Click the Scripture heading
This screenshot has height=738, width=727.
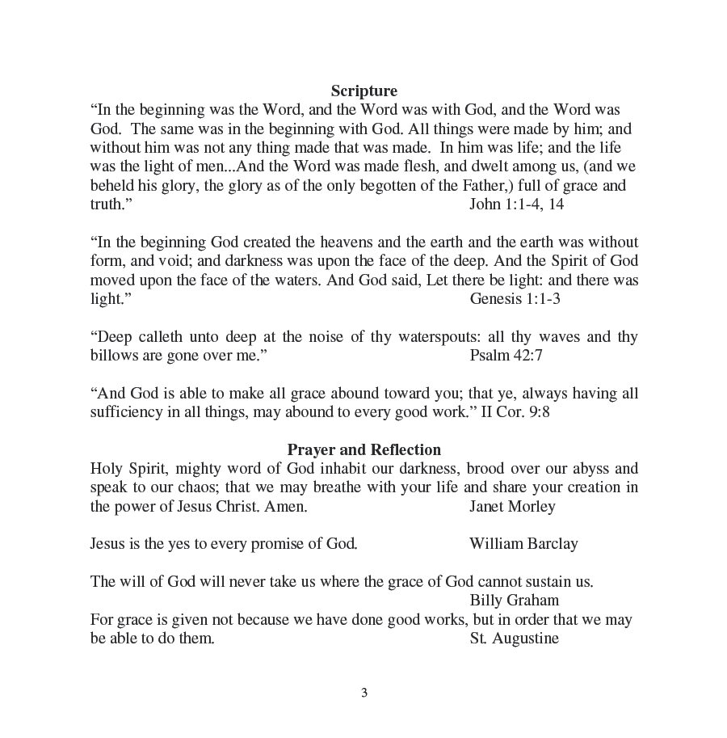pyautogui.click(x=363, y=91)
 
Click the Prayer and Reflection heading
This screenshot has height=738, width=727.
pyautogui.click(x=363, y=449)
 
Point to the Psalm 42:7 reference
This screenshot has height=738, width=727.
pyautogui.click(x=506, y=355)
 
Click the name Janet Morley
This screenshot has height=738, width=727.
pyautogui.click(x=512, y=506)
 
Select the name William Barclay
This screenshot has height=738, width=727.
pyautogui.click(x=523, y=543)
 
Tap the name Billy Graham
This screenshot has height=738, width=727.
pyautogui.click(x=514, y=600)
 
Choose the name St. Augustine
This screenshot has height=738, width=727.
pyautogui.click(x=514, y=638)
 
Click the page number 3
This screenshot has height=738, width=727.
pyautogui.click(x=364, y=693)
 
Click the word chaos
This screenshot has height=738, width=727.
pyautogui.click(x=201, y=487)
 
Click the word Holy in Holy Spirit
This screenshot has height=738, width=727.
pyautogui.click(x=106, y=469)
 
